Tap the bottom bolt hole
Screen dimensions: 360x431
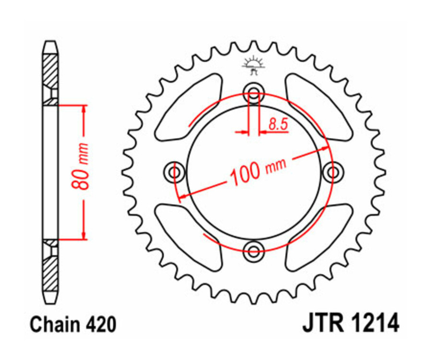pyautogui.click(x=253, y=248)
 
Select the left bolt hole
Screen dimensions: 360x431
pyautogui.click(x=175, y=171)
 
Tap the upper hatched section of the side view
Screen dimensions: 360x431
pyautogui.click(x=50, y=72)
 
